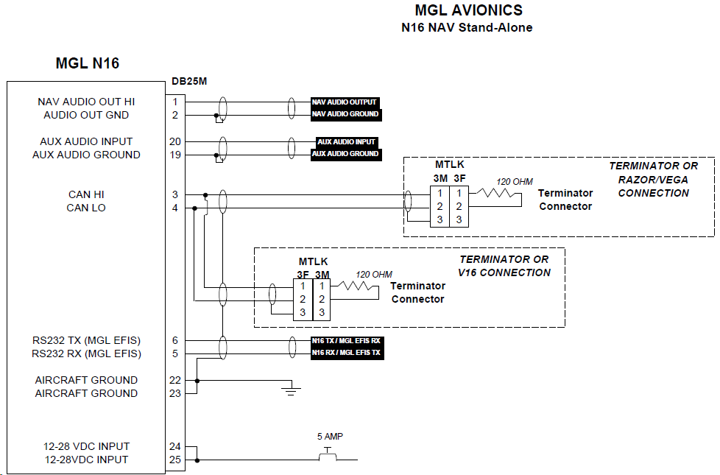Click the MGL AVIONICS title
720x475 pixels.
(468, 10)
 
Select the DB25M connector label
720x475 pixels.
(189, 81)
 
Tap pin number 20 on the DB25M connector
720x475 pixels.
(175, 141)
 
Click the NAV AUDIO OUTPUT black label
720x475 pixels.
(345, 102)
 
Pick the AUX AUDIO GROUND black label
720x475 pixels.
(346, 154)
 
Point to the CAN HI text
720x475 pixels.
(86, 194)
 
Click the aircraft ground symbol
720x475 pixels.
(291, 391)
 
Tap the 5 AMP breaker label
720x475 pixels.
(330, 437)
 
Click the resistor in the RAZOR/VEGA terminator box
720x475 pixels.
(495, 194)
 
